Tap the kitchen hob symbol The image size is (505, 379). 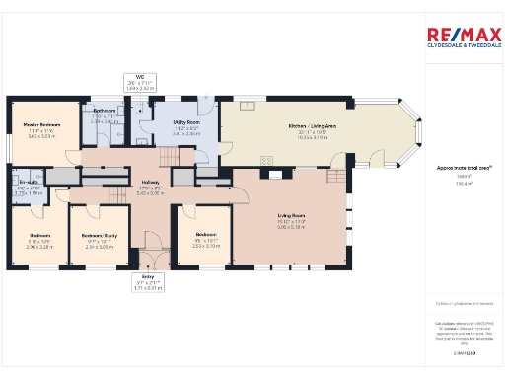tap(266, 161)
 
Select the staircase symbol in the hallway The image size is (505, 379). tap(173, 155)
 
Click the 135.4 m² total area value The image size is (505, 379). tap(459, 184)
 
